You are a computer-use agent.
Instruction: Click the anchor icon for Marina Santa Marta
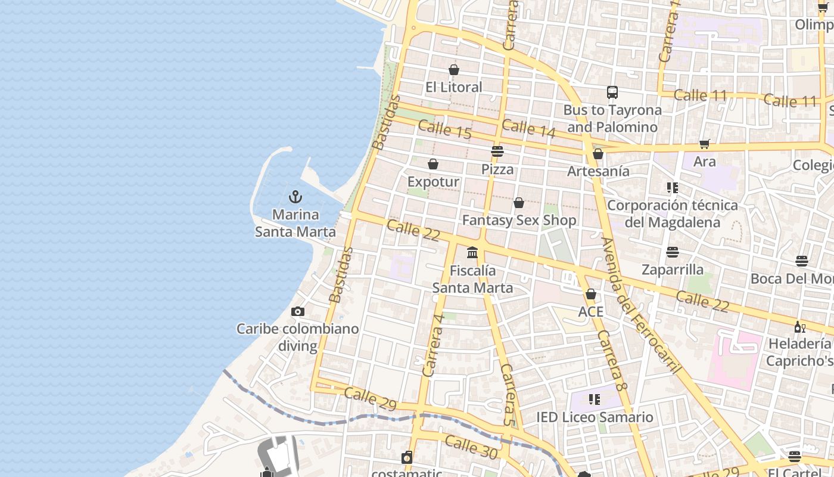tap(295, 197)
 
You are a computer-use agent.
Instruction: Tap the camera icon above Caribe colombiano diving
tap(298, 311)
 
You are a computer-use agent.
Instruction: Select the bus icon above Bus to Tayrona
tap(612, 92)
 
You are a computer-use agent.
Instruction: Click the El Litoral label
tap(454, 88)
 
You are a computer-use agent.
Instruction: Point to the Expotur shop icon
tap(433, 164)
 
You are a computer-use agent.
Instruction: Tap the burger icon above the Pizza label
tap(497, 151)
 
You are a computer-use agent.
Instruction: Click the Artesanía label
tap(598, 172)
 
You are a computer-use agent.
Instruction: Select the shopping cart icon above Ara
tap(705, 144)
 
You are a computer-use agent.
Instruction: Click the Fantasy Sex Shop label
tap(519, 221)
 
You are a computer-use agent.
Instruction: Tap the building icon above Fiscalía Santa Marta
tap(472, 253)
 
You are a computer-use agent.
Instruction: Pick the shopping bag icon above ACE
tap(591, 294)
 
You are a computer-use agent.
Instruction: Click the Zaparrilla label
tap(673, 270)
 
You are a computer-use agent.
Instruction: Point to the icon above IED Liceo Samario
tap(594, 399)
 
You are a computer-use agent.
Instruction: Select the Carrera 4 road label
tap(433, 345)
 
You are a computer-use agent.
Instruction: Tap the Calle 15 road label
tap(444, 129)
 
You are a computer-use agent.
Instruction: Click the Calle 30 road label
tap(471, 447)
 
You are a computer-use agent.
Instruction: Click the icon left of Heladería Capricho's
tap(799, 327)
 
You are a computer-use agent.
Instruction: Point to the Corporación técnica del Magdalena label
tap(673, 213)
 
